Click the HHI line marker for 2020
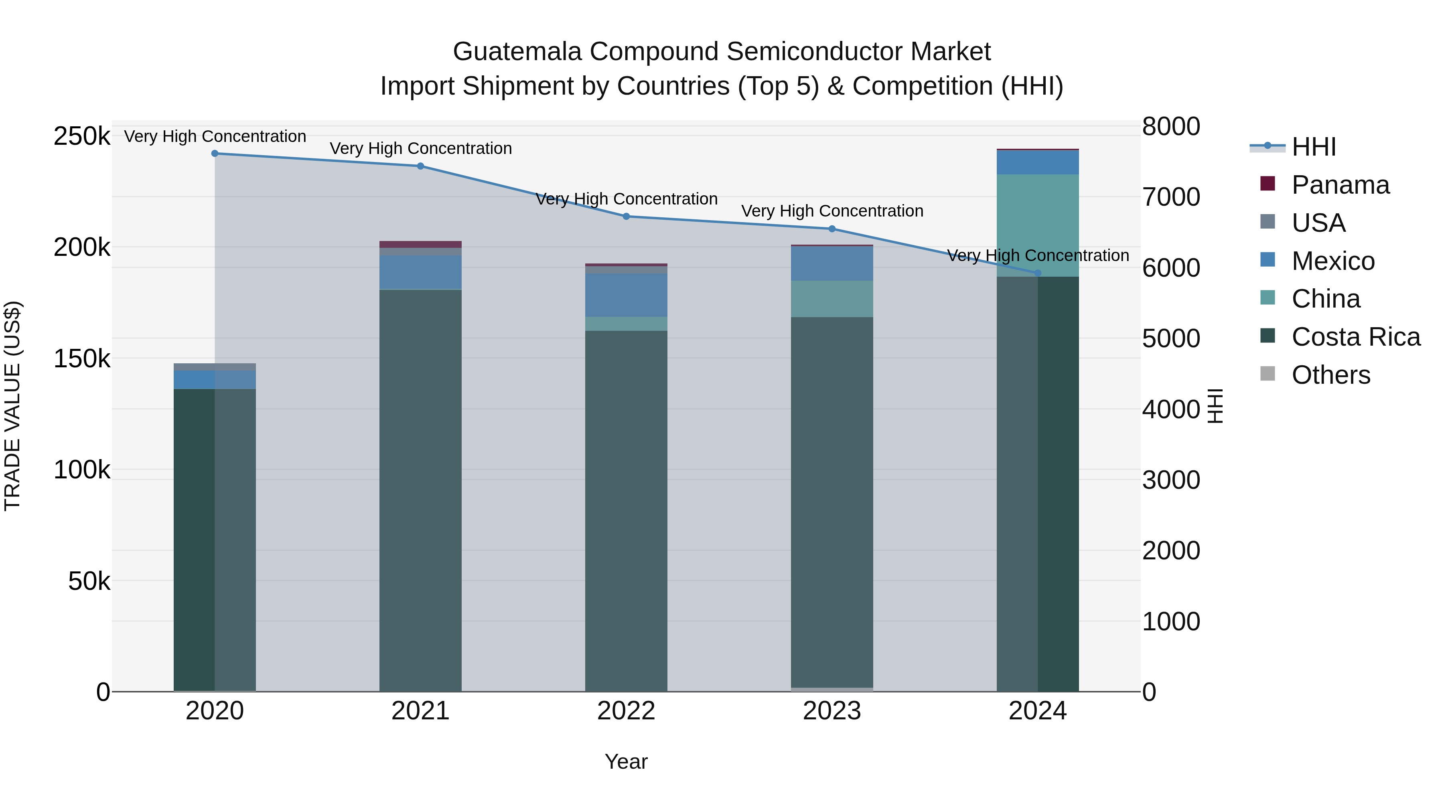tap(215, 154)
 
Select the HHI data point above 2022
tap(626, 216)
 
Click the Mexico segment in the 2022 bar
tap(626, 295)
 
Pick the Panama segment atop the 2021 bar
tap(420, 244)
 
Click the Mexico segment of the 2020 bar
tap(215, 379)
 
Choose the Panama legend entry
tap(1340, 185)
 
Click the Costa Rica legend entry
tap(1355, 337)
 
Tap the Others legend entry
tap(1330, 375)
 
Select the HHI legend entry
tap(1313, 147)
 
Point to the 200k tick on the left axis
tap(82, 247)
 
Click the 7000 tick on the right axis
tap(1171, 197)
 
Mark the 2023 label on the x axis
tap(832, 711)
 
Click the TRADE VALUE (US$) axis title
tap(12, 406)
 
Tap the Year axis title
tap(626, 761)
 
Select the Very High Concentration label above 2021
tap(420, 148)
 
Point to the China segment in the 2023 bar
tap(832, 299)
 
